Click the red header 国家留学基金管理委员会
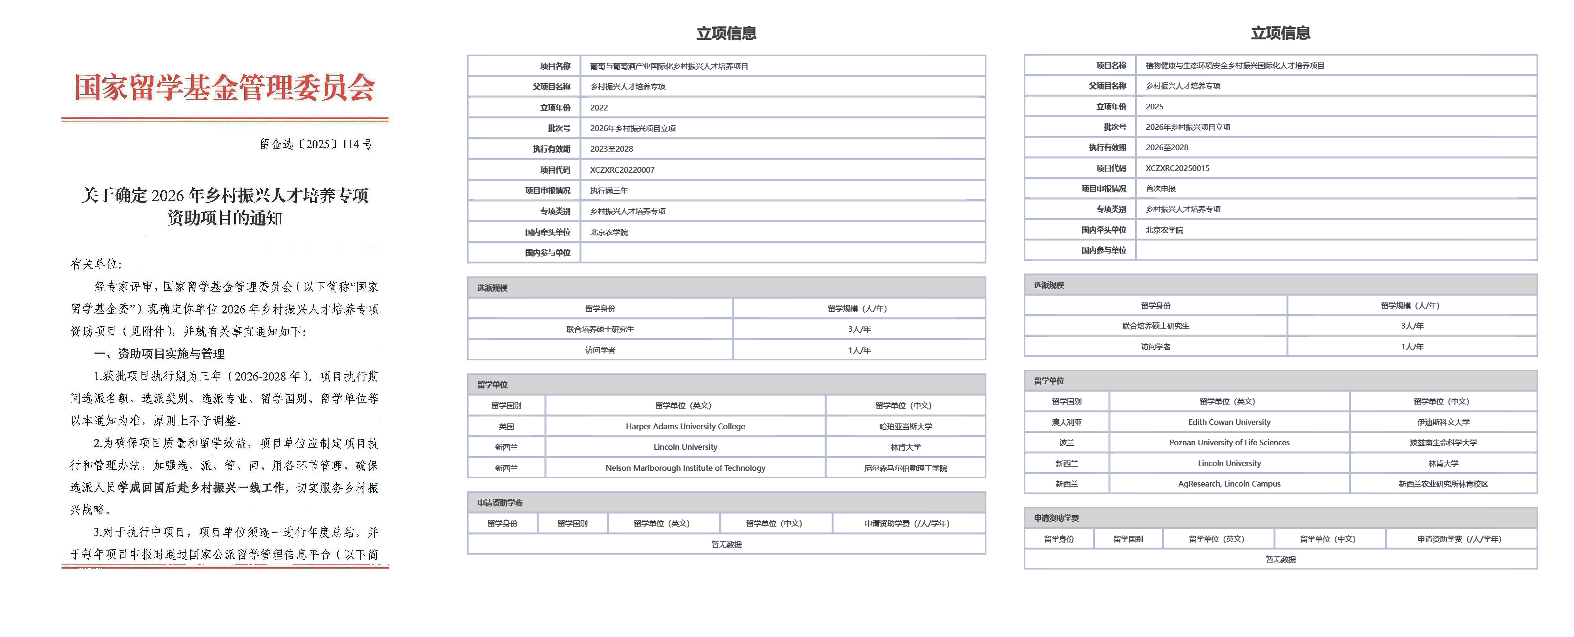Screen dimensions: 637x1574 224,87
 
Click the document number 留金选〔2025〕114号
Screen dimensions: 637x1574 316,144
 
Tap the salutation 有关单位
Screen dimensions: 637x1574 96,264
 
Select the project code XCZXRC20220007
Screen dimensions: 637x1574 622,170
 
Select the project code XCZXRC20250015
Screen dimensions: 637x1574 1177,168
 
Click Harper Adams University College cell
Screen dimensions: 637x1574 685,426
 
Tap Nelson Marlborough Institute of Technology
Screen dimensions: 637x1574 685,468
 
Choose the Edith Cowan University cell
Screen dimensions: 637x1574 1229,422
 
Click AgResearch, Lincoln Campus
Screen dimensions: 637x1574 1229,484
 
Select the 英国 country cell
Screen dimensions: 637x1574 506,426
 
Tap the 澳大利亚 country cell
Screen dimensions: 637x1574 1066,422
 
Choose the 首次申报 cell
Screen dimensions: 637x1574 1160,189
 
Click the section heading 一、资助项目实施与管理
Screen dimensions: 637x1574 159,354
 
